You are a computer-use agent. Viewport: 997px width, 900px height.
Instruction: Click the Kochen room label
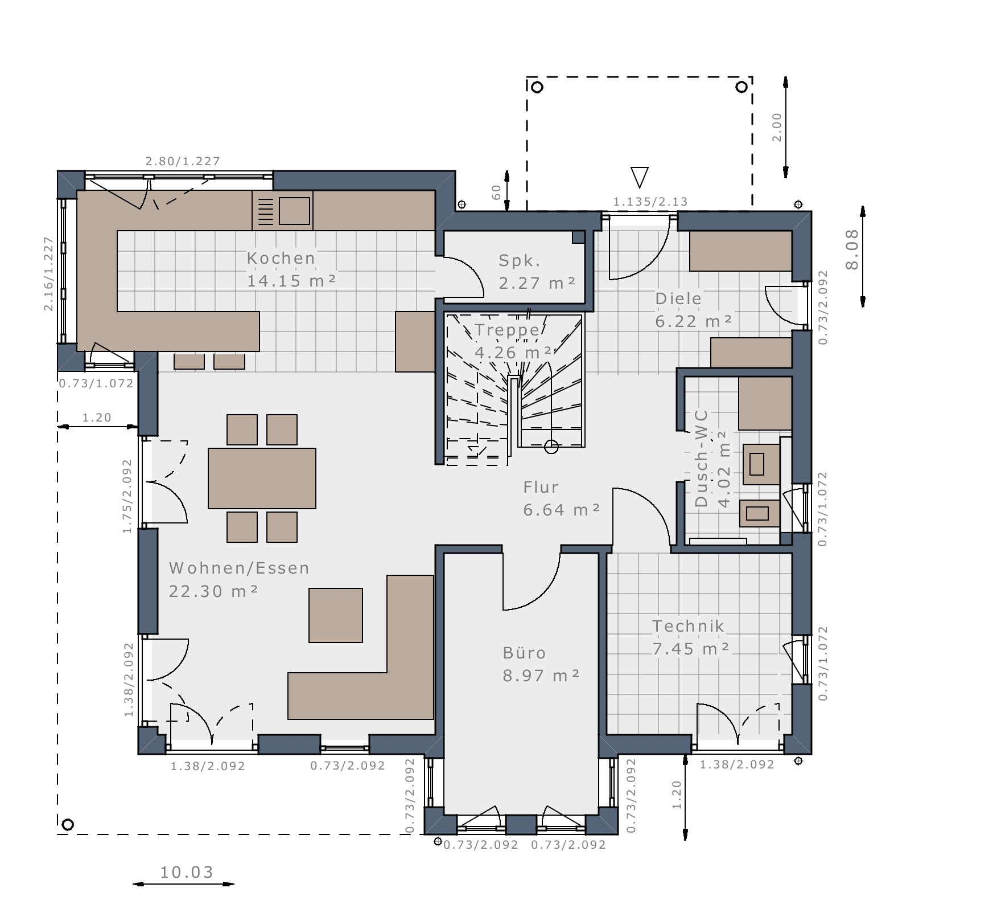coord(281,258)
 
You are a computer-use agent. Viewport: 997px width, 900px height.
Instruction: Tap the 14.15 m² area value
coord(291,281)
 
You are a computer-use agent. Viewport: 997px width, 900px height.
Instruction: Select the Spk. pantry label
coord(520,261)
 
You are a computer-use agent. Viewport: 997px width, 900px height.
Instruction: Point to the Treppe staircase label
coord(507,330)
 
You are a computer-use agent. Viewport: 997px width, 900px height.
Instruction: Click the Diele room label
coord(678,298)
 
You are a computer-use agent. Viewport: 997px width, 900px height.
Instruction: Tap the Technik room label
coord(688,626)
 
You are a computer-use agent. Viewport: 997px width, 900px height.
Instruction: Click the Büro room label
coord(524,653)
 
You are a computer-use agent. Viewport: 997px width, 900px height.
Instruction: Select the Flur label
coord(541,487)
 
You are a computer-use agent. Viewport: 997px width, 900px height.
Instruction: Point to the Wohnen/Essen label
coord(239,568)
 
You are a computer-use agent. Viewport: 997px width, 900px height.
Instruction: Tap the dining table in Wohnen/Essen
coord(262,478)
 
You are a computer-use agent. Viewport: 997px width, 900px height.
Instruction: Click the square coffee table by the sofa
coord(336,615)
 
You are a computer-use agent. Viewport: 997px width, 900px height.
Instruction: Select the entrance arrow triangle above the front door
coord(640,177)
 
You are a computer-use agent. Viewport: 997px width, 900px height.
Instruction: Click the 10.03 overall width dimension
coord(187,872)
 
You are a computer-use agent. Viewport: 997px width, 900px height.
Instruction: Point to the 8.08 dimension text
coord(852,249)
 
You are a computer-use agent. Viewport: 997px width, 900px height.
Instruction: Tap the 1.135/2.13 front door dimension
coord(650,201)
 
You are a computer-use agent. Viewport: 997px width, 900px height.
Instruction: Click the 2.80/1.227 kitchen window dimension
coord(183,161)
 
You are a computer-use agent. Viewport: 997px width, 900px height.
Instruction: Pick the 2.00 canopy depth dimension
coord(777,128)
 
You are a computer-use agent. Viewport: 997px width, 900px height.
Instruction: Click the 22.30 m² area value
coord(213,591)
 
